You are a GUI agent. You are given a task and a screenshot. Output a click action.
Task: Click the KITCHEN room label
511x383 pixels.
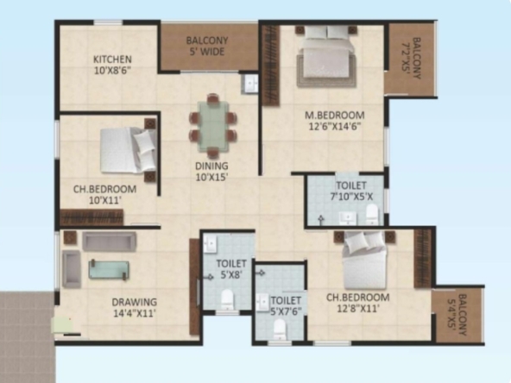tap(112, 60)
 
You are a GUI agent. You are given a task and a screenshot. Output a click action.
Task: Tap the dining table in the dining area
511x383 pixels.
tap(213, 126)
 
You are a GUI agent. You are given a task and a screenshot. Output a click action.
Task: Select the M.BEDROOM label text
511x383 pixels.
tap(335, 116)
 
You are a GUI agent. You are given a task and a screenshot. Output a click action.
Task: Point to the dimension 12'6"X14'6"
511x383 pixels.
tap(335, 126)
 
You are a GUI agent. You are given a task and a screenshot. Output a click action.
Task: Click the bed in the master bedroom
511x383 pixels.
tap(326, 56)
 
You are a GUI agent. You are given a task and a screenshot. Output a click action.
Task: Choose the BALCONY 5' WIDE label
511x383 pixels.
tap(207, 46)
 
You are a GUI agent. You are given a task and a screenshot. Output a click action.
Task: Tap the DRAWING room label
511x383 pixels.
tap(135, 302)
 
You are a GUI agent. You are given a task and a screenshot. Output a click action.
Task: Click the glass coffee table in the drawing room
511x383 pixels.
tap(109, 270)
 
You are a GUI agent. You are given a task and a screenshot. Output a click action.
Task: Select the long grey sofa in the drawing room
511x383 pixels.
tap(109, 241)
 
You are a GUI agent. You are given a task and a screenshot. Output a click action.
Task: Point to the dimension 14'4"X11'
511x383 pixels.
tap(135, 313)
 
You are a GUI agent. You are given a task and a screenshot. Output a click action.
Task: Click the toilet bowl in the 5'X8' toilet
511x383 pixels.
tap(228, 299)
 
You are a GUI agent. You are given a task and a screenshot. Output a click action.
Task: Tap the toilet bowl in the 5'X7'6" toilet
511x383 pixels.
tap(280, 330)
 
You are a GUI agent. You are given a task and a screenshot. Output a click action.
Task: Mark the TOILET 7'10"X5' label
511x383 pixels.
tap(351, 191)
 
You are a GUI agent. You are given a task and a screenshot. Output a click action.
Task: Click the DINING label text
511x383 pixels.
tap(211, 166)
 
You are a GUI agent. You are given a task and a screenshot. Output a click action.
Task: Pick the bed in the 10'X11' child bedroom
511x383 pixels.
tap(128, 150)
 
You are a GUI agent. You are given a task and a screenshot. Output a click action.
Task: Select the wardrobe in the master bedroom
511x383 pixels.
tap(271, 66)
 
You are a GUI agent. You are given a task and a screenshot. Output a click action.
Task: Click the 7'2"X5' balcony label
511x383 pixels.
tap(411, 59)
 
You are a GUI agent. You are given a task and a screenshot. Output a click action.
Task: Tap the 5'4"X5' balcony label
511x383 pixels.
tap(457, 315)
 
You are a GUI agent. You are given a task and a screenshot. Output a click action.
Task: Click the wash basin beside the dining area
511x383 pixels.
tap(249, 84)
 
